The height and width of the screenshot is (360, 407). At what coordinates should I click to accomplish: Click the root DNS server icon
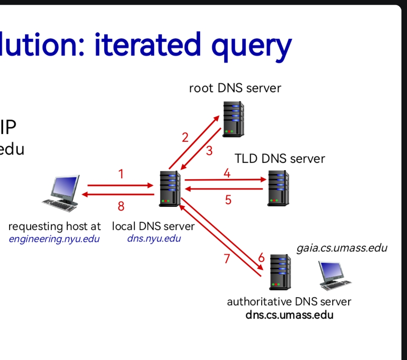233,119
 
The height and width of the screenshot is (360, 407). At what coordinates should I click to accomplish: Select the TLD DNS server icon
278,187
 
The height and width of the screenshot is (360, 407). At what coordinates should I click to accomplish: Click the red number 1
121,174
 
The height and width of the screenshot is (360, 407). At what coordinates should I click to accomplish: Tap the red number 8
121,207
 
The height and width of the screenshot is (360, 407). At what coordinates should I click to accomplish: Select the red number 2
185,138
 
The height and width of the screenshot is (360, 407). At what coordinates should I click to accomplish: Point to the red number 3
209,151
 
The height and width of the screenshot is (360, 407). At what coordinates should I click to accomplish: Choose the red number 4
227,173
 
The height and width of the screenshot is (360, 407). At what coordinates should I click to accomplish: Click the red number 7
227,259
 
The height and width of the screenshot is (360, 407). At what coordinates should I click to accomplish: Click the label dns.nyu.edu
154,238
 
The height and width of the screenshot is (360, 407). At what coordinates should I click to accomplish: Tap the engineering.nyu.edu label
54,239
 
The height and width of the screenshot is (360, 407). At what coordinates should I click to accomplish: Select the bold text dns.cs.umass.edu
289,315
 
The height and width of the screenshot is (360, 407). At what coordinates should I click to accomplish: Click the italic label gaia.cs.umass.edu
342,248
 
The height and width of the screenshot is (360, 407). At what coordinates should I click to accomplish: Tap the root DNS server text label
235,88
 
